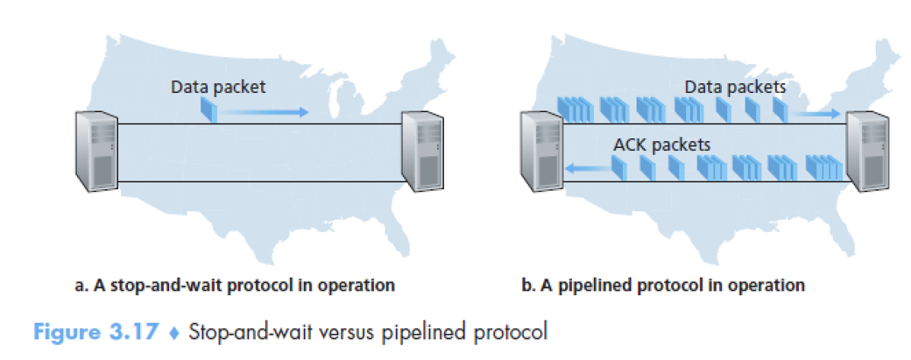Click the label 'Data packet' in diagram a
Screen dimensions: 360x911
coord(217,87)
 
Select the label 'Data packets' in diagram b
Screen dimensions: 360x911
coord(735,87)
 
